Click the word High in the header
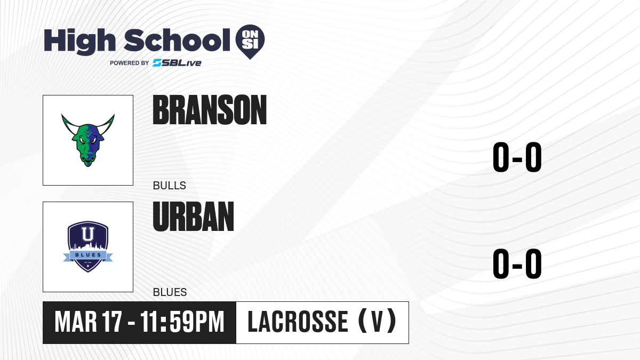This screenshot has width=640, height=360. [79, 42]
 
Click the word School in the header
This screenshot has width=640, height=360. [177, 41]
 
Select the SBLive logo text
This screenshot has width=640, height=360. [177, 63]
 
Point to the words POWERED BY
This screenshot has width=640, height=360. [130, 63]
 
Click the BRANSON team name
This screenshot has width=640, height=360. [210, 110]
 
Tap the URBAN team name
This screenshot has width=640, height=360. [194, 217]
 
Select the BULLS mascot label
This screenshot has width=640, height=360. [170, 186]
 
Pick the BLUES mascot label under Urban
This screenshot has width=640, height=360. [170, 292]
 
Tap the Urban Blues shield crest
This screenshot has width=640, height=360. [88, 246]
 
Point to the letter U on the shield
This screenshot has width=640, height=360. [87, 234]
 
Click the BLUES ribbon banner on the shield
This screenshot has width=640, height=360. [88, 255]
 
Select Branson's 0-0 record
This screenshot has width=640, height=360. [517, 157]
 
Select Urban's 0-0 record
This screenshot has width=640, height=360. [517, 263]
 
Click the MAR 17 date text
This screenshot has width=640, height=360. [89, 322]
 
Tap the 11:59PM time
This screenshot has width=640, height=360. [182, 322]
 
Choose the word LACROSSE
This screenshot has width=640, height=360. [298, 322]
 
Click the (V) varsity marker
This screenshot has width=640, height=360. [378, 322]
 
